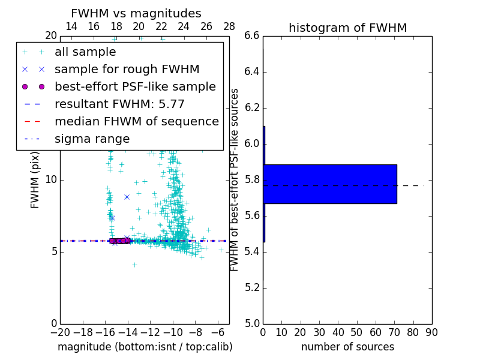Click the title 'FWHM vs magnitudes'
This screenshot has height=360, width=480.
tap(136, 13)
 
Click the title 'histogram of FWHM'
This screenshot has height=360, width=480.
tap(347, 28)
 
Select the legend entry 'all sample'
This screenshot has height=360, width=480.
tap(85, 52)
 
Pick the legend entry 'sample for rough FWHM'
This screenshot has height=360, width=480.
tap(127, 69)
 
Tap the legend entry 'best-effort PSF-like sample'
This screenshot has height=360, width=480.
tap(135, 86)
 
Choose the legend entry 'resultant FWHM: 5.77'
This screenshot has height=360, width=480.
tap(119, 104)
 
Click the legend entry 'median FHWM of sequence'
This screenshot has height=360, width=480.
tap(136, 121)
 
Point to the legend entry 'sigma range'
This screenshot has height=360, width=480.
tap(92, 139)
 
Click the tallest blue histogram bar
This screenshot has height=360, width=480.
tap(330, 184)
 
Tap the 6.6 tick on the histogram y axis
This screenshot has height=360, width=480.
tap(252, 36)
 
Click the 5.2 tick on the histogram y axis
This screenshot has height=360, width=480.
tap(252, 288)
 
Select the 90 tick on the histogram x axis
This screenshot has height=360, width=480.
tap(431, 332)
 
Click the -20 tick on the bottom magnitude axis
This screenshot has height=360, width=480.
tap(60, 332)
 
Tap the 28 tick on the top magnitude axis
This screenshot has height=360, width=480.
tap(229, 26)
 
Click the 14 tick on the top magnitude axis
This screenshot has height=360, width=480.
tap(71, 26)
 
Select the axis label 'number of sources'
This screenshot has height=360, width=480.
tap(347, 347)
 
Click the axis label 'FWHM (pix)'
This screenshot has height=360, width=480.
tap(35, 180)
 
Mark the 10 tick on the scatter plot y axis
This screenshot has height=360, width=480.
tap(50, 180)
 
